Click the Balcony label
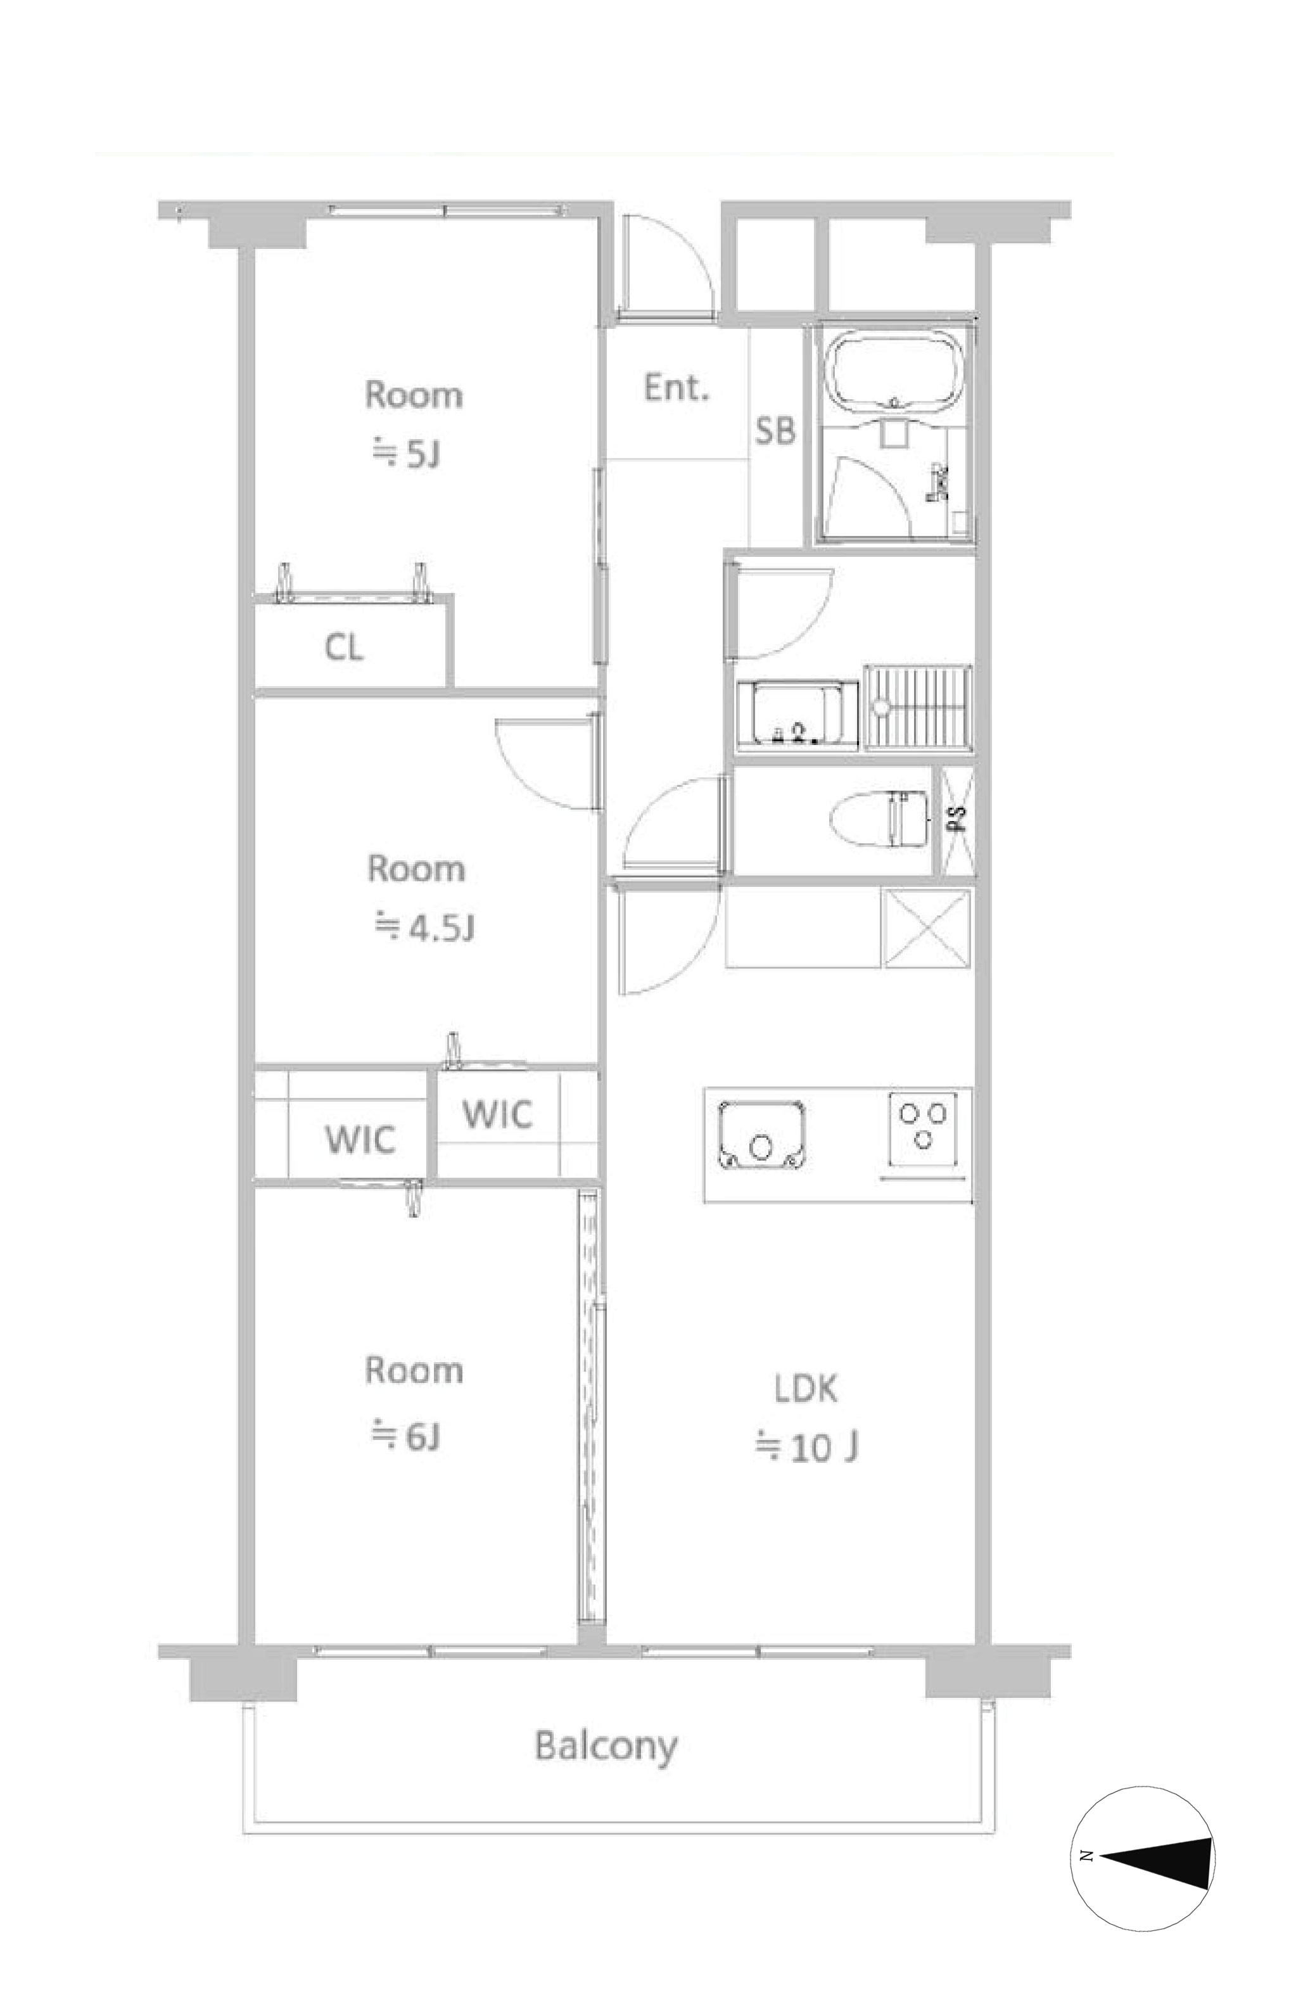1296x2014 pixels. (606, 1747)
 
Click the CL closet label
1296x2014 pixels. (344, 647)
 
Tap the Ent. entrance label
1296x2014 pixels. (677, 387)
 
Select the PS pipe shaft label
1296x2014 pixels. (958, 820)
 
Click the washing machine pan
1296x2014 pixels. (918, 707)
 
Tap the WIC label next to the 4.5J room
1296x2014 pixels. (497, 1114)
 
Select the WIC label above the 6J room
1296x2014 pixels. (360, 1140)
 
